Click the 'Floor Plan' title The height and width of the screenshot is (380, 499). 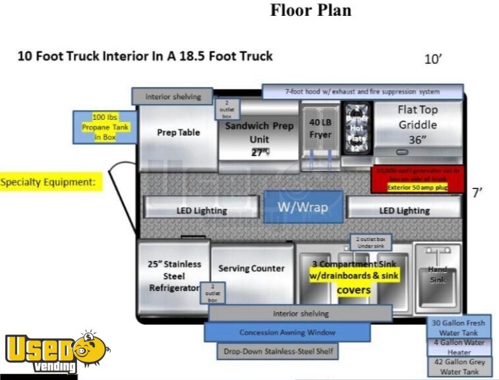(x=310, y=11)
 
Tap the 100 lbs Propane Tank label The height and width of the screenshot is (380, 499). (x=105, y=126)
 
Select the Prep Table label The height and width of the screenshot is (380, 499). (x=178, y=132)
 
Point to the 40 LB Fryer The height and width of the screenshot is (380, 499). (x=320, y=128)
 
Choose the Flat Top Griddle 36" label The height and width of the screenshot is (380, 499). (x=417, y=125)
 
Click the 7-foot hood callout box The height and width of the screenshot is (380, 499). (x=363, y=91)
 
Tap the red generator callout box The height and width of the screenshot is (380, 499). (x=418, y=178)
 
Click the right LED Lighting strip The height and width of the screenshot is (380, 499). (x=404, y=210)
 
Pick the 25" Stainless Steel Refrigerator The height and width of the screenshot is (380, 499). (x=173, y=276)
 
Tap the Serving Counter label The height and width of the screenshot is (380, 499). (x=251, y=268)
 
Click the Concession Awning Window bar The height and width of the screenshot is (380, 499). (x=287, y=333)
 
